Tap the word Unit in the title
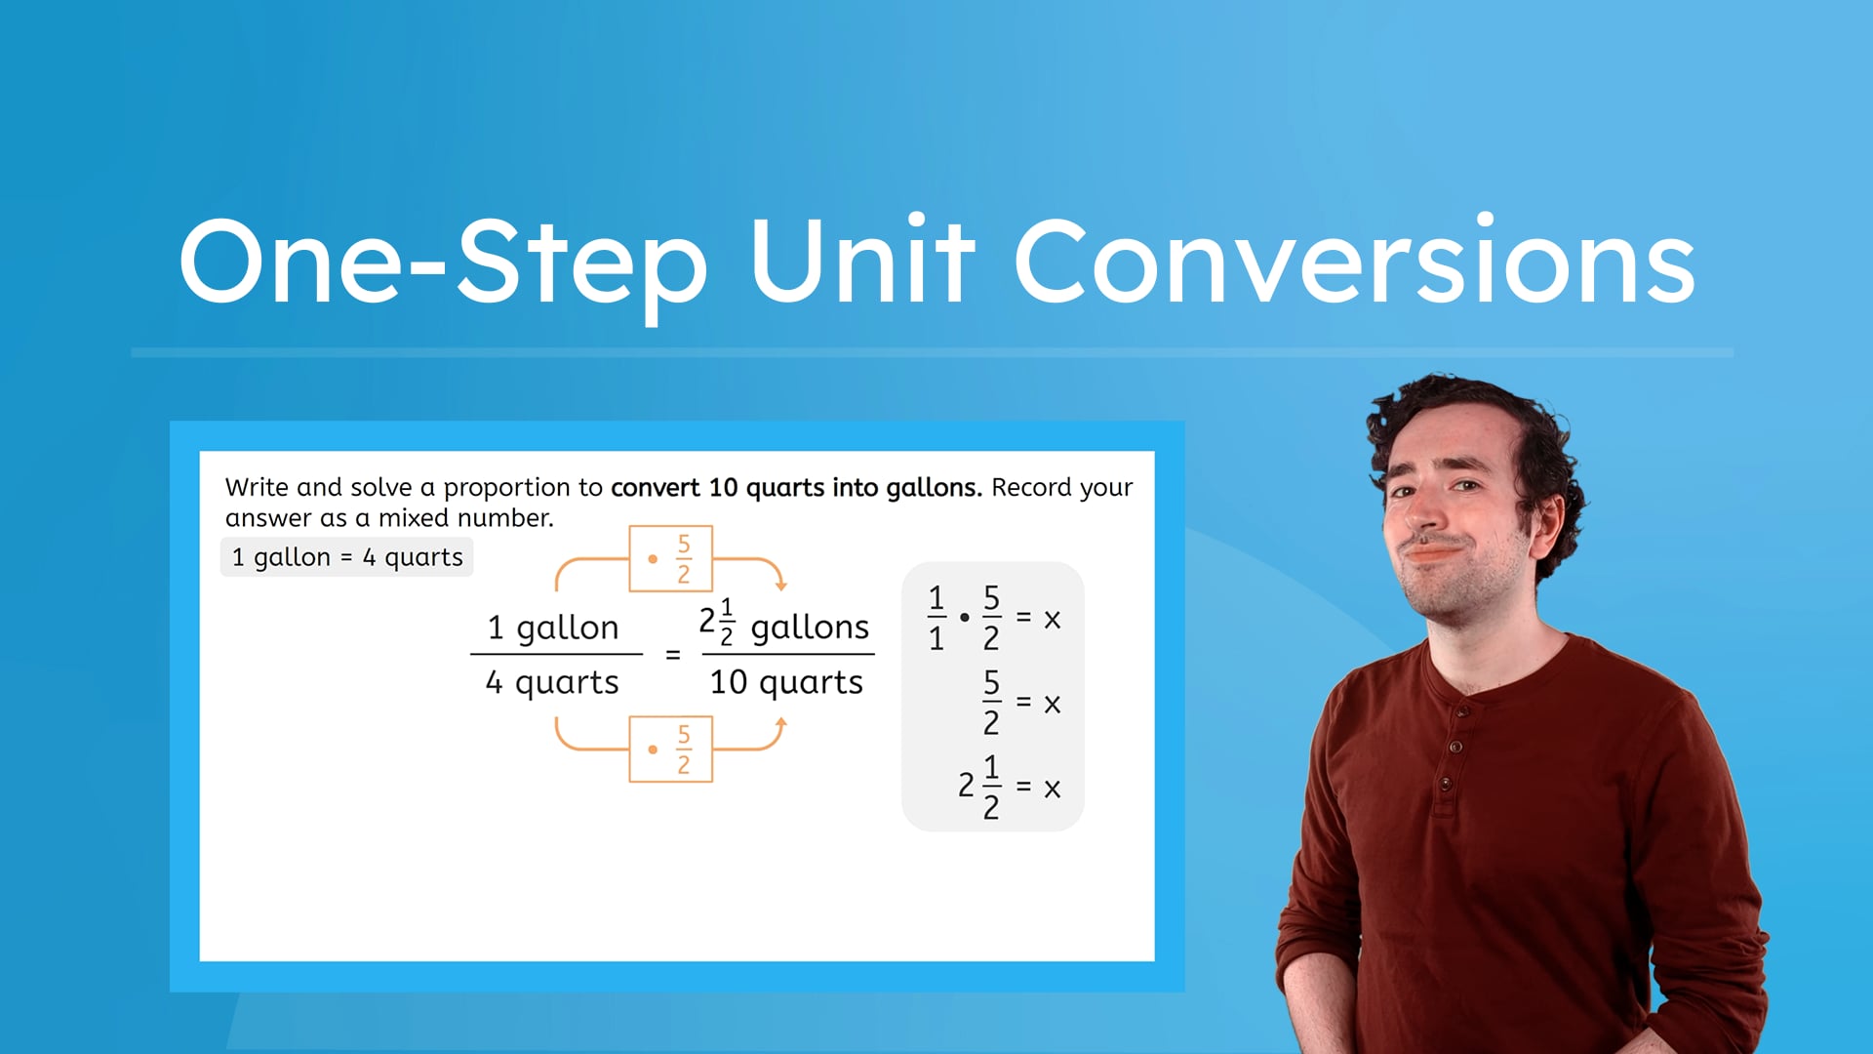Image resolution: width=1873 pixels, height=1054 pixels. pos(862,262)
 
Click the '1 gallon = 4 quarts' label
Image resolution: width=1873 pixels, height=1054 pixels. pos(346,557)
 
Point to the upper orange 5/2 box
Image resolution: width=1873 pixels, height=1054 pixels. pos(670,559)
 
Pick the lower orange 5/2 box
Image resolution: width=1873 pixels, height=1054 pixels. pos(670,750)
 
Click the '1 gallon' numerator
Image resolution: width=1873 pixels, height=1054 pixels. pos(553,627)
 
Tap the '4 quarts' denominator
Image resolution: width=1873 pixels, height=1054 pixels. pos(552,682)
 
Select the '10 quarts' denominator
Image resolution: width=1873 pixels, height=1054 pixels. pos(786,682)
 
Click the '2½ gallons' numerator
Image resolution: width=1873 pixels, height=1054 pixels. pos(784,625)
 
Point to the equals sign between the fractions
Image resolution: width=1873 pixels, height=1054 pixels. pos(672,655)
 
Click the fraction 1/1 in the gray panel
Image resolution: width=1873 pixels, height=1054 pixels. pos(936,618)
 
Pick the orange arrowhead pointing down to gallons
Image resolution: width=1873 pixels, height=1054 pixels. pos(780,584)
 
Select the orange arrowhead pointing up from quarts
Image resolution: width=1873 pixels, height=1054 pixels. pos(780,724)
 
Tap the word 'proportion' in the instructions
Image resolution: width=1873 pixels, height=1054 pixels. pos(523,488)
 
